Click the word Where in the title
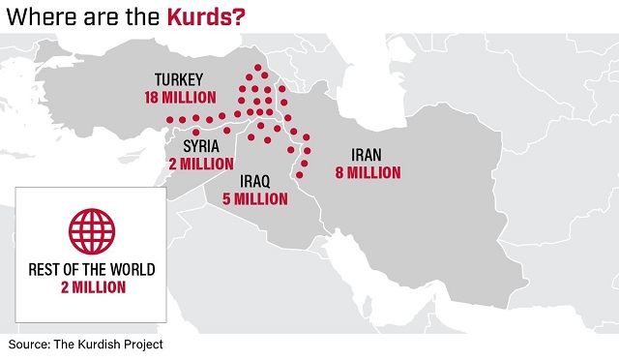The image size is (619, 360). tap(39, 15)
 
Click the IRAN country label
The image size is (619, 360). tap(367, 155)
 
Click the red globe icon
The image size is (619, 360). tap(90, 229)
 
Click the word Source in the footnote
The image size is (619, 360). tap(31, 345)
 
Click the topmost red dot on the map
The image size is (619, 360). tap(257, 68)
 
